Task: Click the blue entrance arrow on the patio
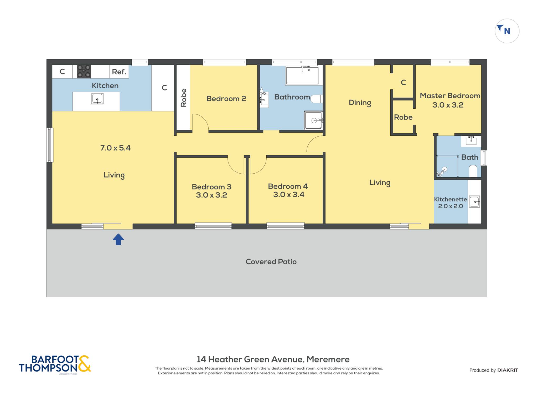(x=118, y=239)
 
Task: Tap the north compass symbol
(x=507, y=31)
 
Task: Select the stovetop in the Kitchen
(x=84, y=72)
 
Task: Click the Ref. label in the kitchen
(x=119, y=72)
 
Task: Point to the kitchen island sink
(x=97, y=99)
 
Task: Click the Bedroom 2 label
(x=226, y=99)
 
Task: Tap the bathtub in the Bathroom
(x=302, y=75)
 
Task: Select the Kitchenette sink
(x=475, y=202)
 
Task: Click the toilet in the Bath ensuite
(x=473, y=171)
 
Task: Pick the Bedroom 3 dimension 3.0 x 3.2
(x=211, y=195)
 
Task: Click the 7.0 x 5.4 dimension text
(x=115, y=148)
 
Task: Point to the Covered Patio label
(x=271, y=262)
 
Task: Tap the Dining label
(x=360, y=103)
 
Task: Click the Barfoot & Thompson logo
(x=55, y=364)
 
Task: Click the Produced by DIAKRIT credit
(x=494, y=370)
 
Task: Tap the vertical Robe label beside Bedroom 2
(x=183, y=98)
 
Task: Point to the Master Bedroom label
(x=450, y=96)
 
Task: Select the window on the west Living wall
(x=50, y=145)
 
